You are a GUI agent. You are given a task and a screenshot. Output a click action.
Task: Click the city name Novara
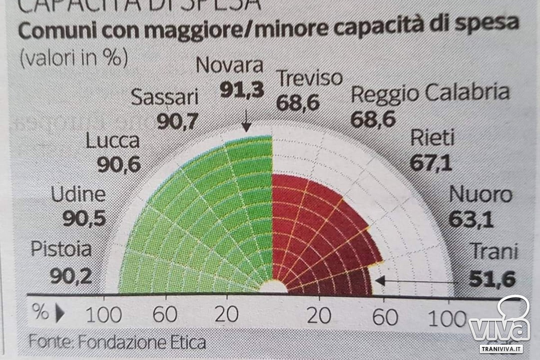(x=230, y=66)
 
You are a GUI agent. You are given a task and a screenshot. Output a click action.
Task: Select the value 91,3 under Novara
(x=242, y=90)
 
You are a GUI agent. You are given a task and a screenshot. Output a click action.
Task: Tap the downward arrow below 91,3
(x=246, y=121)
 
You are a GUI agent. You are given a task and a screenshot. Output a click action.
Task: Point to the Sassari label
(x=165, y=97)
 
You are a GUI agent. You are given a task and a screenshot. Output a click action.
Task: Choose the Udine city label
(x=78, y=195)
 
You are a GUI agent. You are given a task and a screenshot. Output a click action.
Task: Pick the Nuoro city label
(x=481, y=195)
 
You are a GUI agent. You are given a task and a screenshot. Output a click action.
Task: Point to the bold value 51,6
(x=491, y=279)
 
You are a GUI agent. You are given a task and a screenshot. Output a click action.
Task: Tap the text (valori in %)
(x=73, y=58)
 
